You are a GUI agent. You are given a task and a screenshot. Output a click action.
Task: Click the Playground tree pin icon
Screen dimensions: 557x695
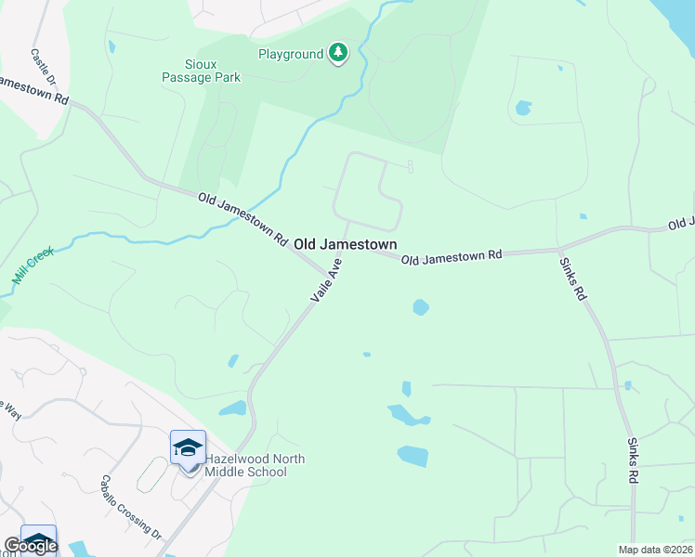[x=338, y=54]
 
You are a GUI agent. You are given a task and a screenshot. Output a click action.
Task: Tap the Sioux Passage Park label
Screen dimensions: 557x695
[x=201, y=71]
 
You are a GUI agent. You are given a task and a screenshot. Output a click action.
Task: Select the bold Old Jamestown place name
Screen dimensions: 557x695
[x=346, y=244]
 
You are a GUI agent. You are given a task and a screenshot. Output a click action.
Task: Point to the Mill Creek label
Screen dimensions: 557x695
[x=33, y=266]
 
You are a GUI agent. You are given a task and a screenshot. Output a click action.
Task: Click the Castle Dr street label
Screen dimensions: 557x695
[x=43, y=68]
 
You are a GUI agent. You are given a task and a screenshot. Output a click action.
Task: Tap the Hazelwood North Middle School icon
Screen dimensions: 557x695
[x=189, y=449]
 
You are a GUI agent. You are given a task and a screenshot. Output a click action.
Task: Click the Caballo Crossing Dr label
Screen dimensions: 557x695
[x=132, y=509]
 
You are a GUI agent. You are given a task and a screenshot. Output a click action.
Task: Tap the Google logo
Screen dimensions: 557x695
[x=30, y=546]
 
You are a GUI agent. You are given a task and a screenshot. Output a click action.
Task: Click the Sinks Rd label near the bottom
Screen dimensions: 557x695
[x=633, y=460]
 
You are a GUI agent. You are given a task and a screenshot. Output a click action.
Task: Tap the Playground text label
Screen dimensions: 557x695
[x=290, y=55]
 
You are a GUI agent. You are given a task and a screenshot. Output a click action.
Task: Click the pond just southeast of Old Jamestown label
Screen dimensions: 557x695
[x=421, y=306]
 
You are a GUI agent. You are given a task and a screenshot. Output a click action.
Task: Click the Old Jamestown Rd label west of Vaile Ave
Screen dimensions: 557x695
[x=243, y=219]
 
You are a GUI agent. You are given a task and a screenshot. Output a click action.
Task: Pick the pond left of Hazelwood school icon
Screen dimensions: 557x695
[x=233, y=408]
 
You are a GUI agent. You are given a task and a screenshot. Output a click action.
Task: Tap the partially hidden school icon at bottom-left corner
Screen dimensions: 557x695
[x=38, y=540]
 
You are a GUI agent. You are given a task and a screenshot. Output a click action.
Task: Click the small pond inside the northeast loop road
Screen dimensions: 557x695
[x=523, y=108]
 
